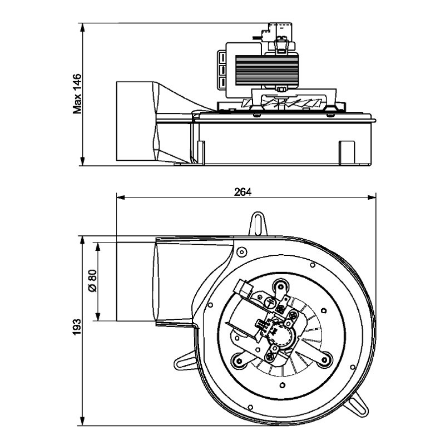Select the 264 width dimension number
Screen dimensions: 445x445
[x=243, y=192]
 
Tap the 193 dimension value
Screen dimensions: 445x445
[x=78, y=328]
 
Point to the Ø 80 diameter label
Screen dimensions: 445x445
[x=93, y=281]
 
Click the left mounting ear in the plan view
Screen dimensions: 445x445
[x=184, y=362]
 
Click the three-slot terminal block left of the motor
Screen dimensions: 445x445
[x=221, y=70]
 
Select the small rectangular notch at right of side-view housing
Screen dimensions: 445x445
[x=347, y=151]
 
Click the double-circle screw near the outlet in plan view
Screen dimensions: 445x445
[x=241, y=252]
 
